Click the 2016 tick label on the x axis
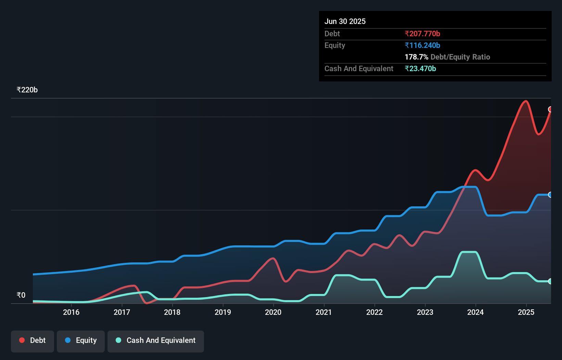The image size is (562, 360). click(x=71, y=312)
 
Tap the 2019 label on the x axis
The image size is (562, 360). click(x=223, y=312)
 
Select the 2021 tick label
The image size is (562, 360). click(x=324, y=312)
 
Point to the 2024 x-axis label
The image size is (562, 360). click(x=475, y=312)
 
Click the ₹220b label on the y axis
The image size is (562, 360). click(x=27, y=90)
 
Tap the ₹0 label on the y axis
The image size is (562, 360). click(x=21, y=295)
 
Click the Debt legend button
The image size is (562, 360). click(x=33, y=340)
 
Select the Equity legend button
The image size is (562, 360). click(x=81, y=340)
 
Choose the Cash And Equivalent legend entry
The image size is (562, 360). click(x=156, y=340)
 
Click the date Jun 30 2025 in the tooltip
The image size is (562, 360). click(x=345, y=21)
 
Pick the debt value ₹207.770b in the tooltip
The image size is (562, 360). click(x=422, y=34)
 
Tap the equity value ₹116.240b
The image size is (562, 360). click(x=422, y=45)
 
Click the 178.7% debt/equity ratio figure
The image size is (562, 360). click(x=416, y=57)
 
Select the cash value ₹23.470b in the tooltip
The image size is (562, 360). click(x=420, y=68)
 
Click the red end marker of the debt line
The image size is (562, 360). click(x=550, y=109)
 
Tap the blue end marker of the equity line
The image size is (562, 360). click(x=550, y=195)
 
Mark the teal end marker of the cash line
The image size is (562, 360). click(x=550, y=281)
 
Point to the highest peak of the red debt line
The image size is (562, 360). click(x=526, y=101)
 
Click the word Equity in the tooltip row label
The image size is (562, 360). click(x=335, y=45)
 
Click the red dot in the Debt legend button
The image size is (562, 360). click(x=22, y=340)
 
